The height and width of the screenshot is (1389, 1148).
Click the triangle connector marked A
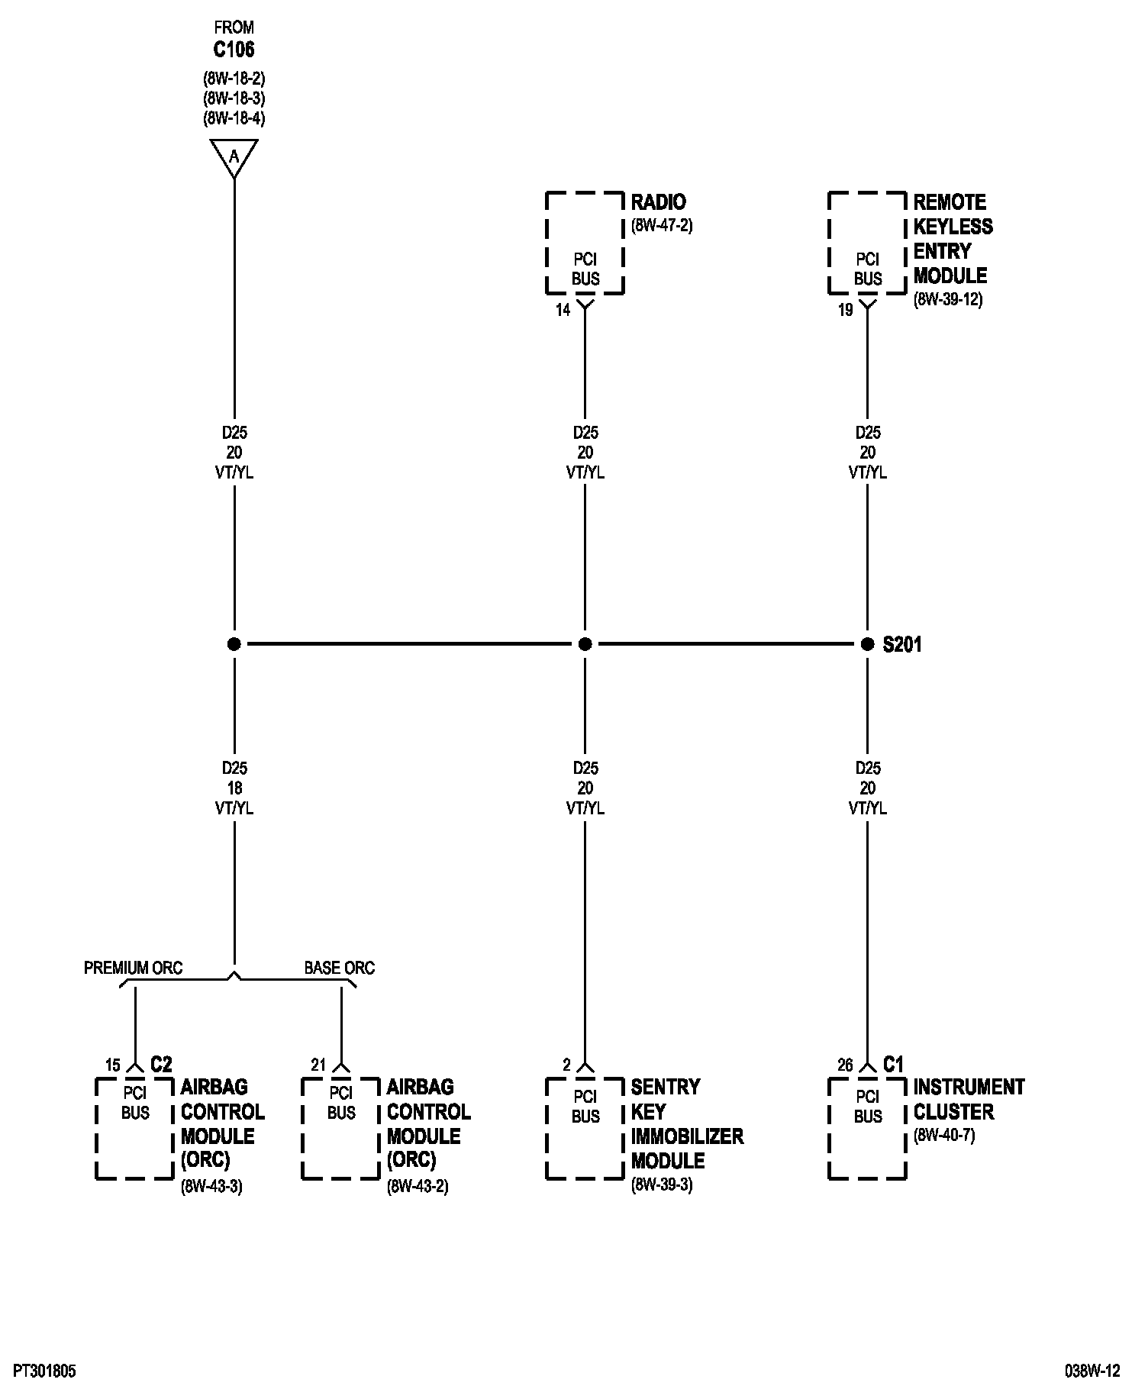point(234,156)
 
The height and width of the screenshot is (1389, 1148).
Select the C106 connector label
point(234,50)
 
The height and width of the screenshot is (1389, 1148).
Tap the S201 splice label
point(902,645)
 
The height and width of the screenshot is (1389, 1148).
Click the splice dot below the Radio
point(585,644)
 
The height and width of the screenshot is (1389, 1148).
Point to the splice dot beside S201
point(867,644)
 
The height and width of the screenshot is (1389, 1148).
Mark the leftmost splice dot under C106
point(234,644)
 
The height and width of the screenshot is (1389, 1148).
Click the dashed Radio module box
point(585,243)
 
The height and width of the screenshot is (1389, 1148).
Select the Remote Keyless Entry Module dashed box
point(868,243)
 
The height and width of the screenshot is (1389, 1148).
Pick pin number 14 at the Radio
point(563,311)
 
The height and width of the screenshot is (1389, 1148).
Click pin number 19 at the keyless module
point(845,311)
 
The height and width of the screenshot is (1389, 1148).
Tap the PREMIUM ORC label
point(133,968)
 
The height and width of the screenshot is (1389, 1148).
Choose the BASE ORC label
point(340,968)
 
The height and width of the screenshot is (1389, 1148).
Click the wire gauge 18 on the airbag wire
point(234,788)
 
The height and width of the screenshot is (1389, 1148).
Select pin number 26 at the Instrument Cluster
point(844,1065)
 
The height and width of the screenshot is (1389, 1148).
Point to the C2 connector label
point(161,1065)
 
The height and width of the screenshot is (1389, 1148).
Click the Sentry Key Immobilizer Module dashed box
point(585,1128)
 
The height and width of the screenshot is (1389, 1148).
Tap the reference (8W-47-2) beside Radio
point(662,226)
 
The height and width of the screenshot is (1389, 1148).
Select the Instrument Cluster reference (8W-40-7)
point(944,1136)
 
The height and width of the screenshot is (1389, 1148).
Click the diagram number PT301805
point(44,1372)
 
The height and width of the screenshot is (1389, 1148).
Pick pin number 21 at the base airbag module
point(318,1065)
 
